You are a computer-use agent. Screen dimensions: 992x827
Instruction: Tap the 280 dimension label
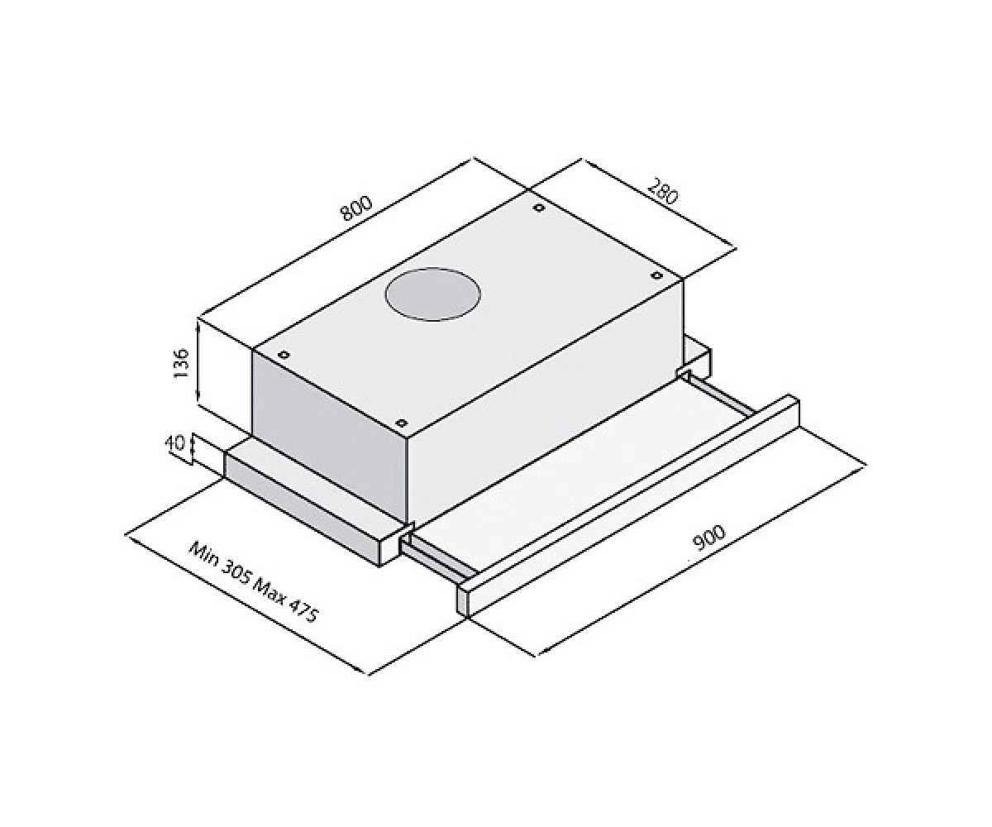pos(662,191)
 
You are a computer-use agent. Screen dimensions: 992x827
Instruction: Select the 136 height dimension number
pos(182,363)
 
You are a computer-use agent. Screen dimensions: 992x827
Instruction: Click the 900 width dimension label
pos(708,538)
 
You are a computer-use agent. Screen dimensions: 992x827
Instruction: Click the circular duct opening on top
pos(432,294)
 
